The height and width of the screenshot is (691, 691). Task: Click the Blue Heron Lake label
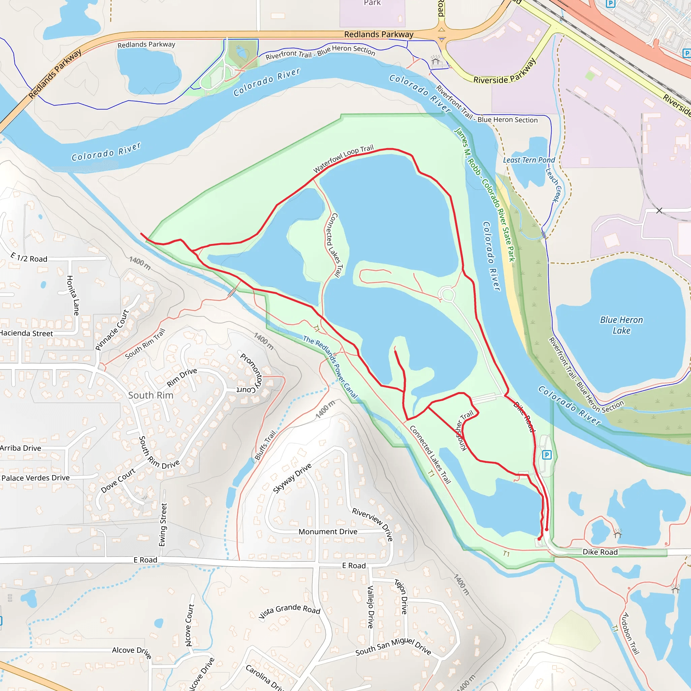pos(621,325)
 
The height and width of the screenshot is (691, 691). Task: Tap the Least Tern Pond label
pos(529,160)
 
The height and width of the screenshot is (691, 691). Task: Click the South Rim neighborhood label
pos(150,395)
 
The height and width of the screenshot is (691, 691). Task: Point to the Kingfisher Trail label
pos(464,430)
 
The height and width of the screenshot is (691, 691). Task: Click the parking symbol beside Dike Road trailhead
pos(547,455)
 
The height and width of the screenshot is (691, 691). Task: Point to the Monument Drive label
pos(328,532)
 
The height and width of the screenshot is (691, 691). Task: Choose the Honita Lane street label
pos(73,295)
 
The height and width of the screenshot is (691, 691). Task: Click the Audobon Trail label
pos(629,633)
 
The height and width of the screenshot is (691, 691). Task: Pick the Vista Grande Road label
pos(289,611)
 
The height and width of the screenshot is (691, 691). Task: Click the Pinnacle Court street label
pos(112,330)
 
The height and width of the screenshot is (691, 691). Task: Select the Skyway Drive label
pos(292,478)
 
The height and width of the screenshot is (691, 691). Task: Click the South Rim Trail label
pos(145,344)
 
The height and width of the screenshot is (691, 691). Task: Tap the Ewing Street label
pos(163,525)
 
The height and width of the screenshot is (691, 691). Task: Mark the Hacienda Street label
pos(26,333)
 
